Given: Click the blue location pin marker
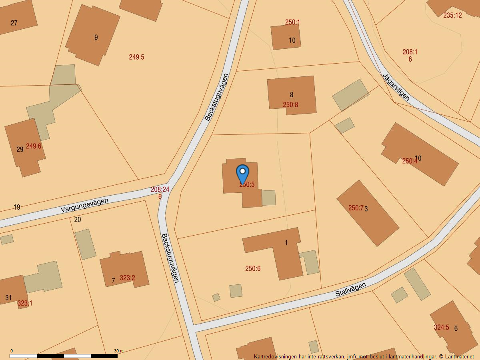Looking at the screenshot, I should coord(242,174).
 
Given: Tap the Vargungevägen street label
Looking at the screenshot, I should coord(84,205).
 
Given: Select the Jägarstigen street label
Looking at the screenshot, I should coord(396,86).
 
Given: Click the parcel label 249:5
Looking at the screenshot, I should coord(136,57).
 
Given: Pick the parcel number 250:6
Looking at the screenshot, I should coord(253,268).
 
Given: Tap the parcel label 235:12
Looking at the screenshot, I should coord(452,15).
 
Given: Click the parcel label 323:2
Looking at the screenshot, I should coord(127,278).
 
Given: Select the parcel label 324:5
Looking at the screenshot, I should coord(441,327).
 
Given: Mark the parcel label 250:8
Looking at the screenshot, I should coord(290,105).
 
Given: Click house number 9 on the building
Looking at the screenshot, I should coord(96,37).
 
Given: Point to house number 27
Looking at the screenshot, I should coord(14,23).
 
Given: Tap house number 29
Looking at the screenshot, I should coord(20,150).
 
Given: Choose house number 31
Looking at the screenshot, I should coord(8,298).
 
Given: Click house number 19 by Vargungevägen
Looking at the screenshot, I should coord(17,207).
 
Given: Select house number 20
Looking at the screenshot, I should coord(78,219).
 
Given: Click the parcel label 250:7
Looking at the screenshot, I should coord(356,208).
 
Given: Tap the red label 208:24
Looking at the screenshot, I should coord(160,190).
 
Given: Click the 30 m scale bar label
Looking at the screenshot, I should coord(118,351).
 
